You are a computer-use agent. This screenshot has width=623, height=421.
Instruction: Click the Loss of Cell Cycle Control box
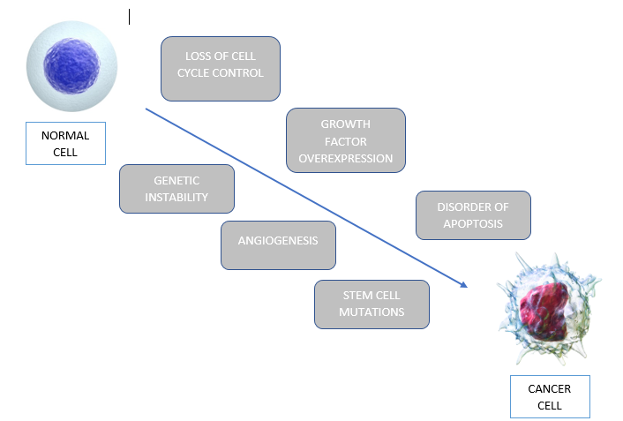pos(220,68)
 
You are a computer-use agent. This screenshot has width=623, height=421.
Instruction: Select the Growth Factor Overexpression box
pos(345,140)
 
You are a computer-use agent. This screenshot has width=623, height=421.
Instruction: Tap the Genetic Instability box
pos(176,188)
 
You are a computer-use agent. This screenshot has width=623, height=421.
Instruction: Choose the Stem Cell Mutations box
pos(372,304)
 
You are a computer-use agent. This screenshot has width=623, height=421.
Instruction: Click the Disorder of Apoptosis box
pos(473,214)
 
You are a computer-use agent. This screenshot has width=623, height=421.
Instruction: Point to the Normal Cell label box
pos(65,143)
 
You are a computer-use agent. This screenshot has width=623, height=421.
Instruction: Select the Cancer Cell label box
pos(549,396)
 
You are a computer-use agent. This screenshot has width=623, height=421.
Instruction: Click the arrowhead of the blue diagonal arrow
pos(463,285)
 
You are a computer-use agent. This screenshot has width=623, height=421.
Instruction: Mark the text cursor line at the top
pos(129,17)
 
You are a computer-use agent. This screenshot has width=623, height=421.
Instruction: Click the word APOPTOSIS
pos(474,223)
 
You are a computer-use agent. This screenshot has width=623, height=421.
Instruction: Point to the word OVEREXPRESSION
pos(345,158)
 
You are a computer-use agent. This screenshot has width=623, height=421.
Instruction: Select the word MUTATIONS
pos(372,312)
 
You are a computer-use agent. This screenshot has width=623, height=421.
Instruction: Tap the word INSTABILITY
pos(176,197)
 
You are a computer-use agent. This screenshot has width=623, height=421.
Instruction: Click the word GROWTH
pos(345,124)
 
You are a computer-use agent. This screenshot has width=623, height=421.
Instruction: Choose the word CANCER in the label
pos(549,388)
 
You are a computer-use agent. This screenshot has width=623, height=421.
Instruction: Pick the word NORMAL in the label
pos(65,135)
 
